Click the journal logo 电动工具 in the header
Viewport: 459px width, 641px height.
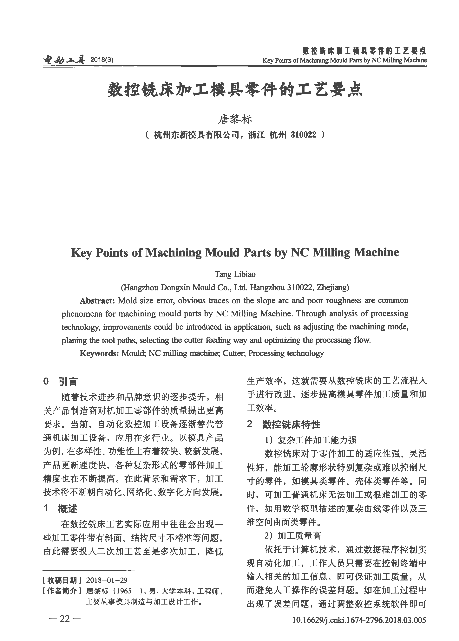(x=64, y=60)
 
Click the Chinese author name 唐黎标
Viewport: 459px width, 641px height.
(x=235, y=120)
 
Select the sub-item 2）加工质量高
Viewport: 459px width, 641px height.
(x=292, y=536)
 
